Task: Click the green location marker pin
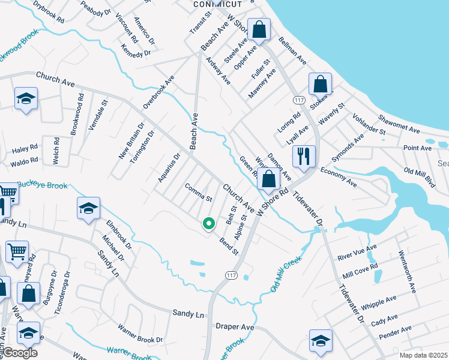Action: point(208,224)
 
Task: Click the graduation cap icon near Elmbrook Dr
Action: point(88,208)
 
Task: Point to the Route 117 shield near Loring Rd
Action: point(298,99)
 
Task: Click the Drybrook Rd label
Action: point(49,11)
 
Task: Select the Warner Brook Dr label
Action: point(140,335)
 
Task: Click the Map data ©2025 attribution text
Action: point(423,356)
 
